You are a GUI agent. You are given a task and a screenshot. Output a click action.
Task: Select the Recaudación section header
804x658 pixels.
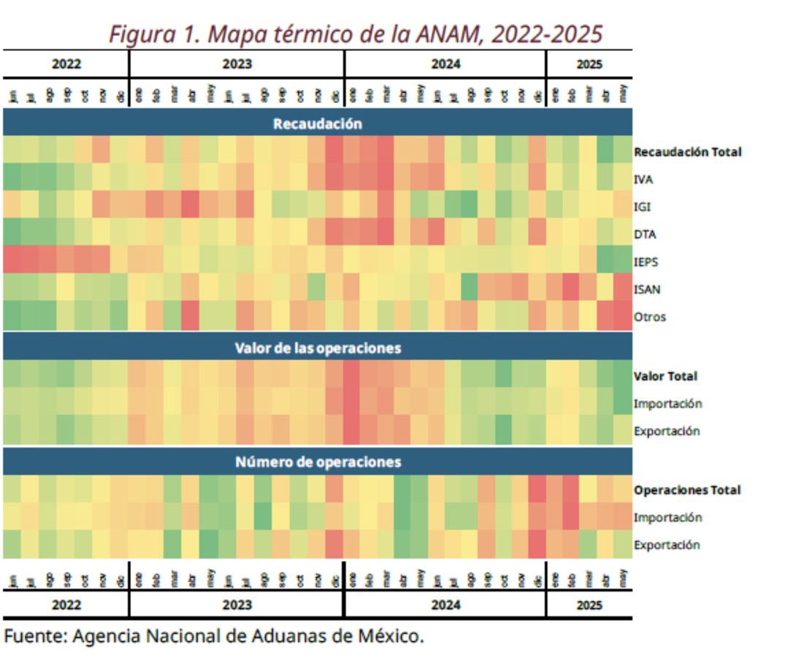tap(317, 123)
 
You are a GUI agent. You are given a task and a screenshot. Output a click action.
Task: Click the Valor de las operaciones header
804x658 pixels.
tap(317, 348)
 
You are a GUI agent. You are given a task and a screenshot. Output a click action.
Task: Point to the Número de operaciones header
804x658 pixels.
tap(317, 462)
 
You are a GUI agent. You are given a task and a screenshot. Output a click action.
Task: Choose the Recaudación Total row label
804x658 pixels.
tap(687, 152)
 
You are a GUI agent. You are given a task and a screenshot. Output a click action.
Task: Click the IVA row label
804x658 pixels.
tap(643, 180)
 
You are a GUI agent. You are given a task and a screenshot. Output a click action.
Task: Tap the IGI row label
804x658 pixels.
tap(642, 207)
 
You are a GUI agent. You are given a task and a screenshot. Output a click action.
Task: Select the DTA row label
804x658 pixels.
tap(644, 234)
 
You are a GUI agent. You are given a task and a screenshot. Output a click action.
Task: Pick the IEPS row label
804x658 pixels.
tap(646, 261)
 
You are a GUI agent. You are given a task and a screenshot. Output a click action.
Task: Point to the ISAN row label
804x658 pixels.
tap(646, 289)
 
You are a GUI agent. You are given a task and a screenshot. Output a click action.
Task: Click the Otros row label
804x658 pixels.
tap(649, 317)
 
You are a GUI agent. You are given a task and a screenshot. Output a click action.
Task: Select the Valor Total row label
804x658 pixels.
tap(665, 376)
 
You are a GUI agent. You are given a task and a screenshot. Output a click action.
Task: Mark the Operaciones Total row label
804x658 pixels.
tap(686, 490)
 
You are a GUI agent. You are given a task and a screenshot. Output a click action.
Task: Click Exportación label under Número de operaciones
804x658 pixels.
tap(666, 545)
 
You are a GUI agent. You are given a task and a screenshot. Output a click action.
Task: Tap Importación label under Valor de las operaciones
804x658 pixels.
tap(667, 404)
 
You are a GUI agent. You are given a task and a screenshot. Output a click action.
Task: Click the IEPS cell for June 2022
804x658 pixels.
tap(12, 261)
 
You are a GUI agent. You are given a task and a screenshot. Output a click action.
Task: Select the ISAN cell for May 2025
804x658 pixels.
tap(623, 289)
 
